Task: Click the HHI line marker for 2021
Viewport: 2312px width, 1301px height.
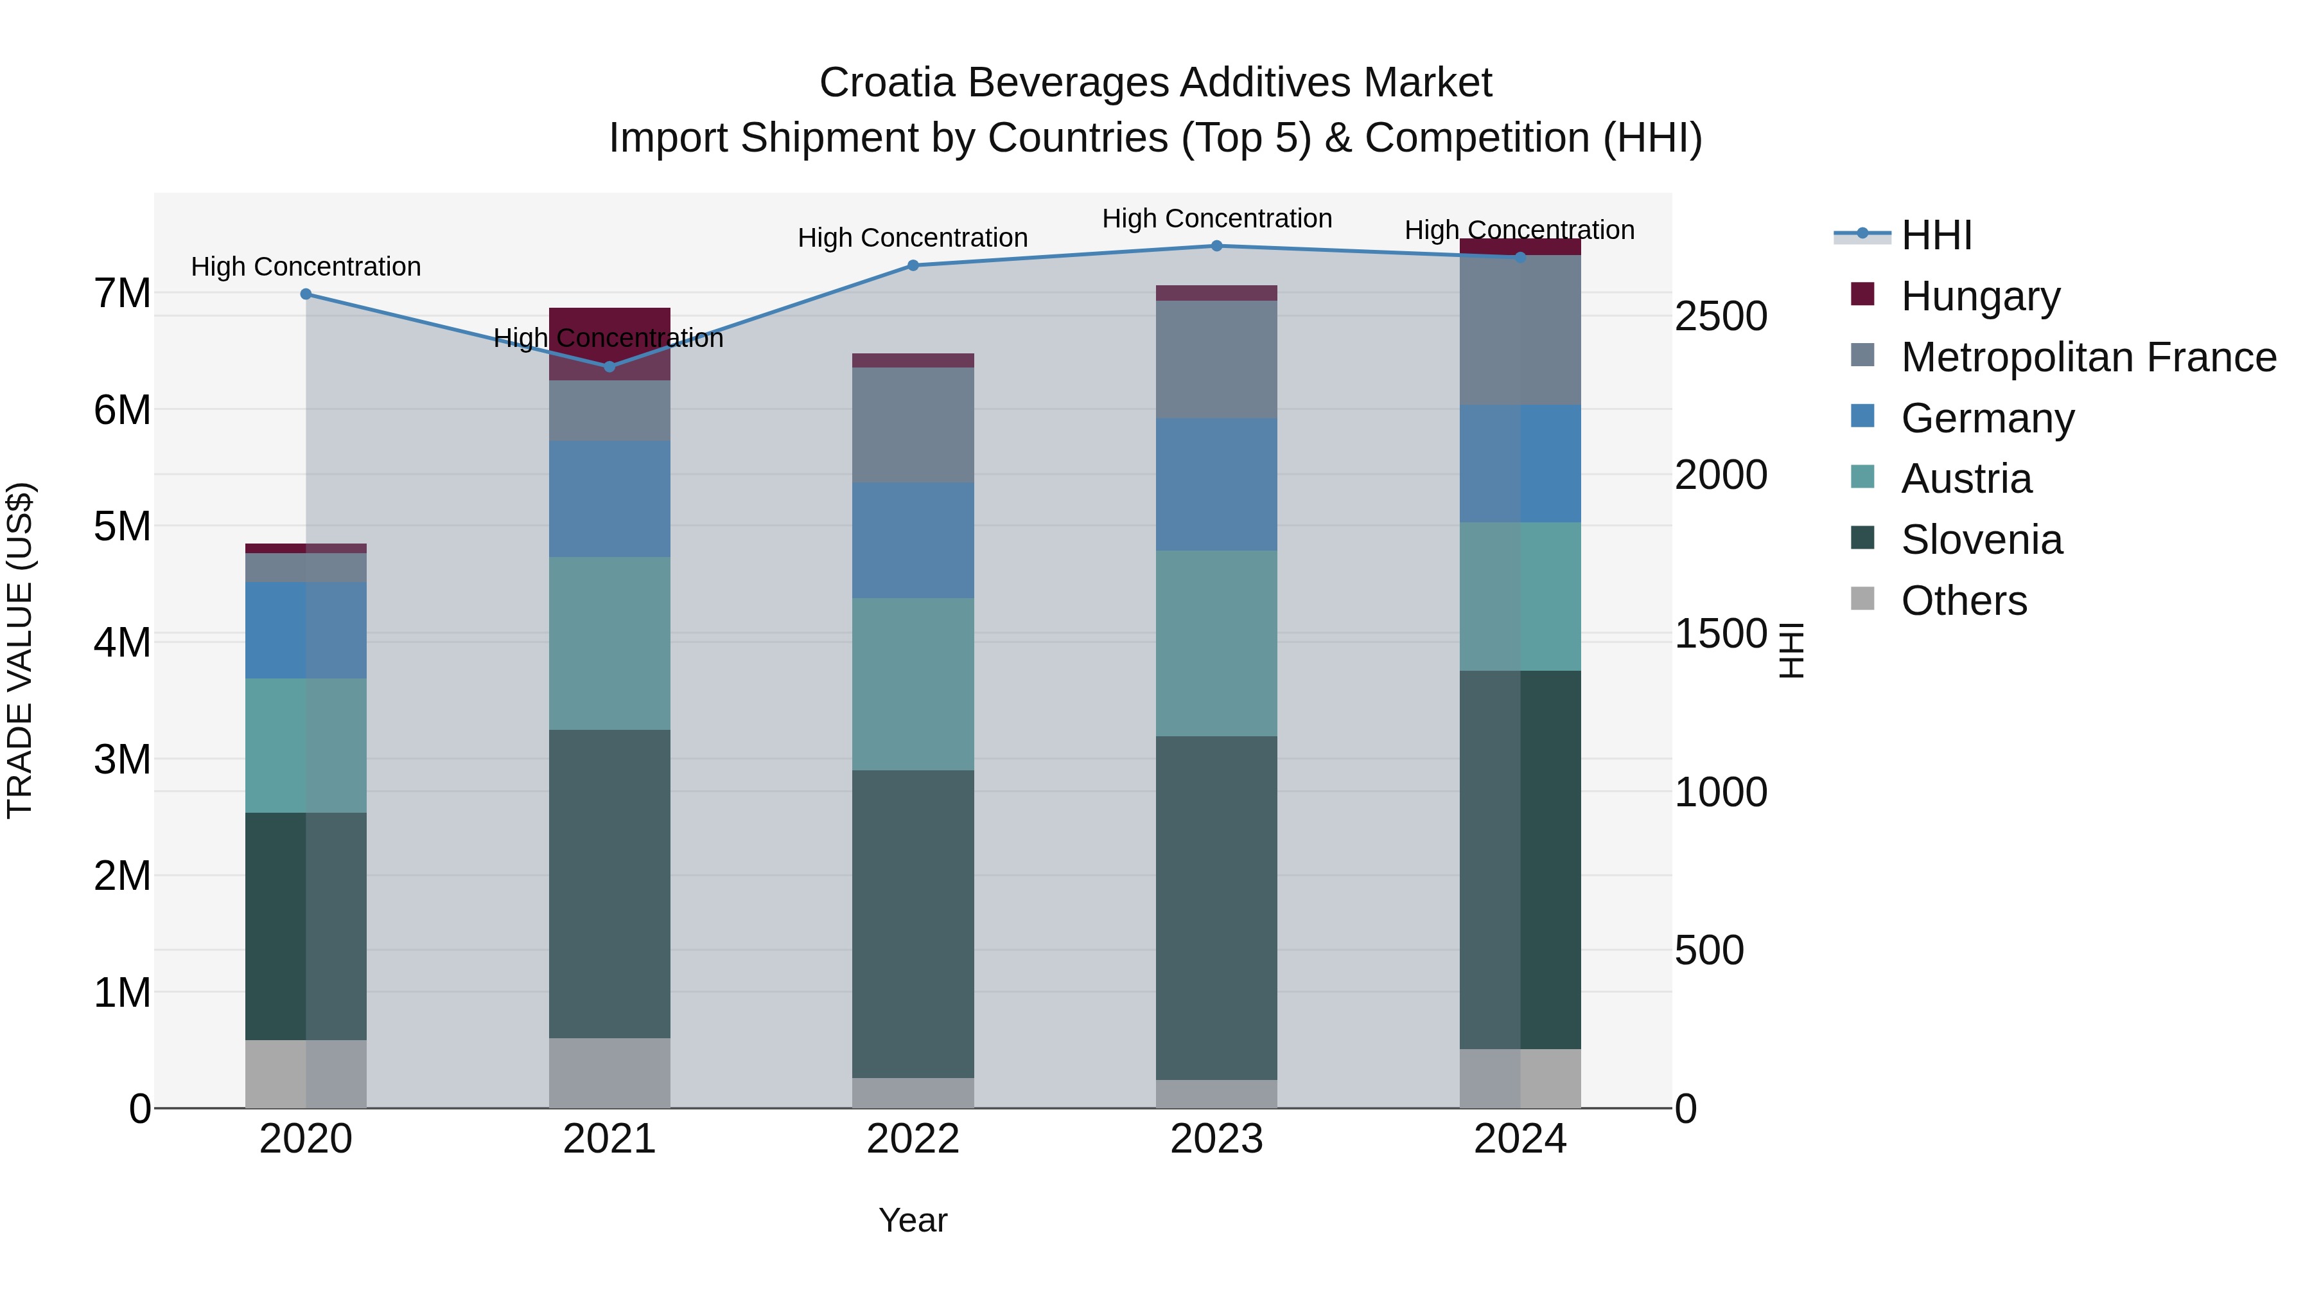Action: (609, 366)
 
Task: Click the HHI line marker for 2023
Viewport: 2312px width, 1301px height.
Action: (1216, 246)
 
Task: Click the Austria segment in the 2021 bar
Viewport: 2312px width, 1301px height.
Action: (609, 643)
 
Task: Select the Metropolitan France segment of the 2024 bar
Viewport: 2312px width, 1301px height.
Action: (1519, 330)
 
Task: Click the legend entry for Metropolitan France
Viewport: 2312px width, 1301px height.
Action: (2088, 357)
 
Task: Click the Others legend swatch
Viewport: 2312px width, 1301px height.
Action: (1862, 599)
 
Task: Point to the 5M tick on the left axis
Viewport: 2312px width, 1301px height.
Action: (123, 527)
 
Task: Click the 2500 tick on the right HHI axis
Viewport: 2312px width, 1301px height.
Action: (1721, 317)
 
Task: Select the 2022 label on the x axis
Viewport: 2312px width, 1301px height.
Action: (913, 1139)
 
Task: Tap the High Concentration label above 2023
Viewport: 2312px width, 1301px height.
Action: (1216, 218)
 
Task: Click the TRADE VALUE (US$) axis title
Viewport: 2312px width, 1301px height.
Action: (20, 650)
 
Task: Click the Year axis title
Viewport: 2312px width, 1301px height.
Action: (913, 1220)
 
